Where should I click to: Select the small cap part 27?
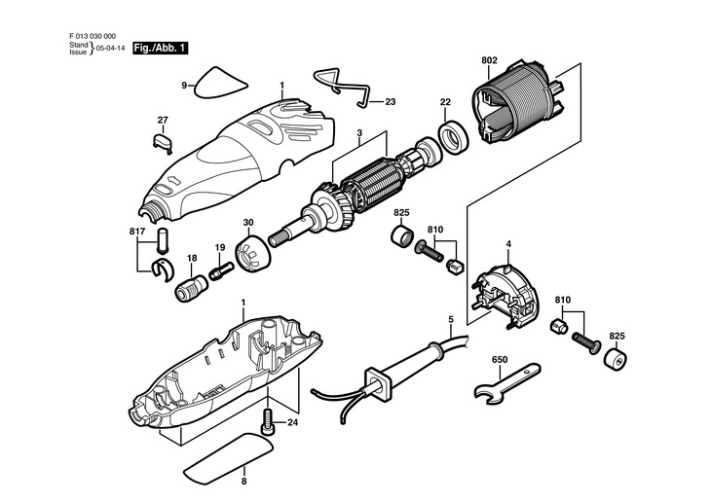[163, 141]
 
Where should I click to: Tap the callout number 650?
[500, 360]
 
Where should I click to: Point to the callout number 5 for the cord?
[451, 320]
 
